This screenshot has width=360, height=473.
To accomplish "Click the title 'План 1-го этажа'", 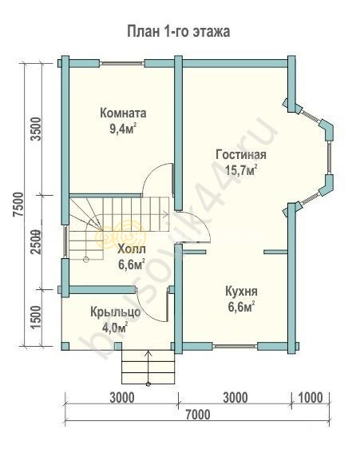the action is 178,32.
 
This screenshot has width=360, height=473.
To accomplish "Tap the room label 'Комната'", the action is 123,113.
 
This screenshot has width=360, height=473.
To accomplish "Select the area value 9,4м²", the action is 123,129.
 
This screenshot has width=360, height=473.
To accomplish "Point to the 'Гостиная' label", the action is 241,155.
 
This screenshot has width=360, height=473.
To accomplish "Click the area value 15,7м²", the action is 241,170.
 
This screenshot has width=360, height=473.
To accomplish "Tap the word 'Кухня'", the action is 241,292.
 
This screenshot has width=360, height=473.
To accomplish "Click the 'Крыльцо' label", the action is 116,312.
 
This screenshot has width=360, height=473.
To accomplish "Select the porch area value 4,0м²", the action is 115,328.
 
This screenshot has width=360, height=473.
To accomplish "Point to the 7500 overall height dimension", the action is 19,205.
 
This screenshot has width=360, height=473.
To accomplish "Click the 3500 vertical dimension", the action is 37,129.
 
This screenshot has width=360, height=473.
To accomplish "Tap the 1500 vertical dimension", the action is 36,319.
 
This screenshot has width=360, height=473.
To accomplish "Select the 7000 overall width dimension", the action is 198,415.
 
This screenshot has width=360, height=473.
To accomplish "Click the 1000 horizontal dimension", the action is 311,398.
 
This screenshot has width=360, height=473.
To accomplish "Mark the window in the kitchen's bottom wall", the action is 235,346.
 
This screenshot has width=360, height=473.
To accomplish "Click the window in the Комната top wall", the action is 121,63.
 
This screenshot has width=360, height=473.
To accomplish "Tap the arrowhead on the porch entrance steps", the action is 148,352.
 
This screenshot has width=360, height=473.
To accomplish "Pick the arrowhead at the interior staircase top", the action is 166,215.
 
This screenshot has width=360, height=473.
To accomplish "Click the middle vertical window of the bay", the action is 330,157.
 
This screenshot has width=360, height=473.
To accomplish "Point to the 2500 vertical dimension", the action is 36,242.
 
